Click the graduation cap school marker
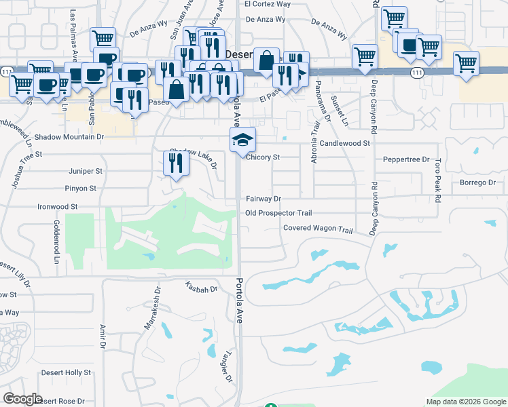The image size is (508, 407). pos(242,139)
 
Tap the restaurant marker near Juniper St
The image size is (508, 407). pos(175,163)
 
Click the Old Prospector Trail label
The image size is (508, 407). pos(278,213)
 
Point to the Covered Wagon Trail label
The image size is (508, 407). pos(319,229)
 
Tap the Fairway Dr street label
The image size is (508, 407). pos(263,199)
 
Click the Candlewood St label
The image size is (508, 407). pos(345,143)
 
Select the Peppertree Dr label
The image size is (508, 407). pos(406,159)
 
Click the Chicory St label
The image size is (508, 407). pos(263,157)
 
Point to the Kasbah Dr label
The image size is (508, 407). pos(200,288)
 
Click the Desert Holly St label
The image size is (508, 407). pos(66,372)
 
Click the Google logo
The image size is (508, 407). pos(22,399)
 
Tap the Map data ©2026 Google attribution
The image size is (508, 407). pos(465,401)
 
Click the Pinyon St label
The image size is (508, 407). pos(81,188)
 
